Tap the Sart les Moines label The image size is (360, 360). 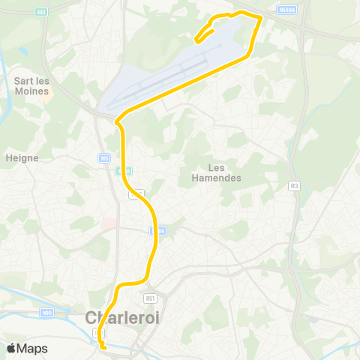click(31, 85)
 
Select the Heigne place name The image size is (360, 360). click(22, 157)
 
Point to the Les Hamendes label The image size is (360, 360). click(216, 172)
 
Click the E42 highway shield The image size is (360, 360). click(41, 11)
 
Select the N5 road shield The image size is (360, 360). click(103, 157)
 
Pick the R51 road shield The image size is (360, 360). click(151, 298)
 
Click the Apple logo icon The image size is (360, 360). click(11, 348)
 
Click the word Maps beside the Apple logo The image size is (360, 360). click(32, 348)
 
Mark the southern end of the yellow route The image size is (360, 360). click(102, 346)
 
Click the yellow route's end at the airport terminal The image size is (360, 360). click(197, 40)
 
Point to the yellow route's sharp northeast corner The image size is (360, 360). click(260, 16)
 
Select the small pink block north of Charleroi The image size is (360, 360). click(107, 223)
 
